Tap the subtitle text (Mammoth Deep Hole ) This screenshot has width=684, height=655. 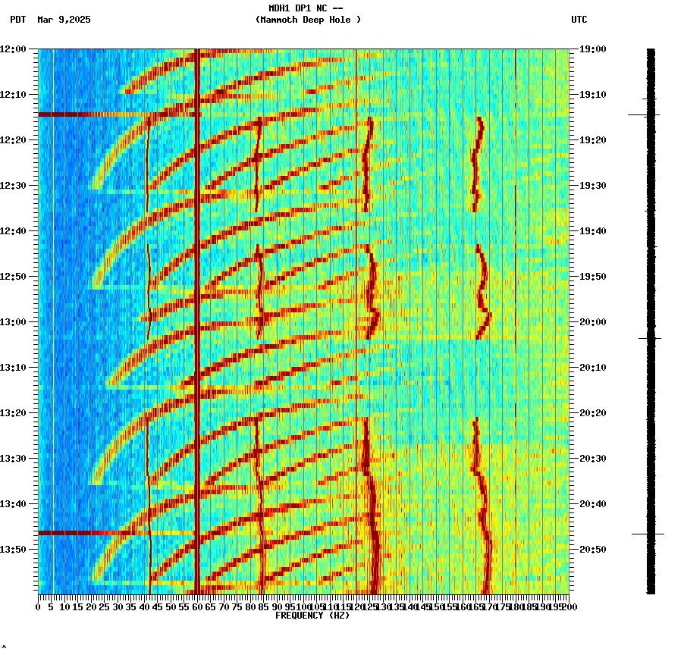coord(308,20)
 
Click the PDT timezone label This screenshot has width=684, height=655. coord(18,20)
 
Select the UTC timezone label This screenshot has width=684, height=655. coord(579,20)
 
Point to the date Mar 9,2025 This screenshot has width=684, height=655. coord(64,20)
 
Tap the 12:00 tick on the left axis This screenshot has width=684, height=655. coord(13,49)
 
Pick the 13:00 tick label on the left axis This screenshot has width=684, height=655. coord(13,322)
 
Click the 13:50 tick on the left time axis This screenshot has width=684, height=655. coord(13,550)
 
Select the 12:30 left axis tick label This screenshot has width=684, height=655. coord(13,186)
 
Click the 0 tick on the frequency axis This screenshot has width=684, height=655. coord(39,606)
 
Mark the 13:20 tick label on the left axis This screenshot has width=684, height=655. coord(13,413)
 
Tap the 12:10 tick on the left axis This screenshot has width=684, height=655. coord(13,95)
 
